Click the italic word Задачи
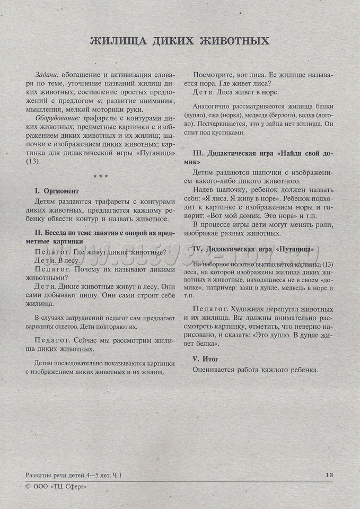[x=48, y=75]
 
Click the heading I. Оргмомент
[x=57, y=190]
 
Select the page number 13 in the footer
[x=329, y=475]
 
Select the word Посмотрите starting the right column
[x=215, y=75]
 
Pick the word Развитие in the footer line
[x=41, y=475]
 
